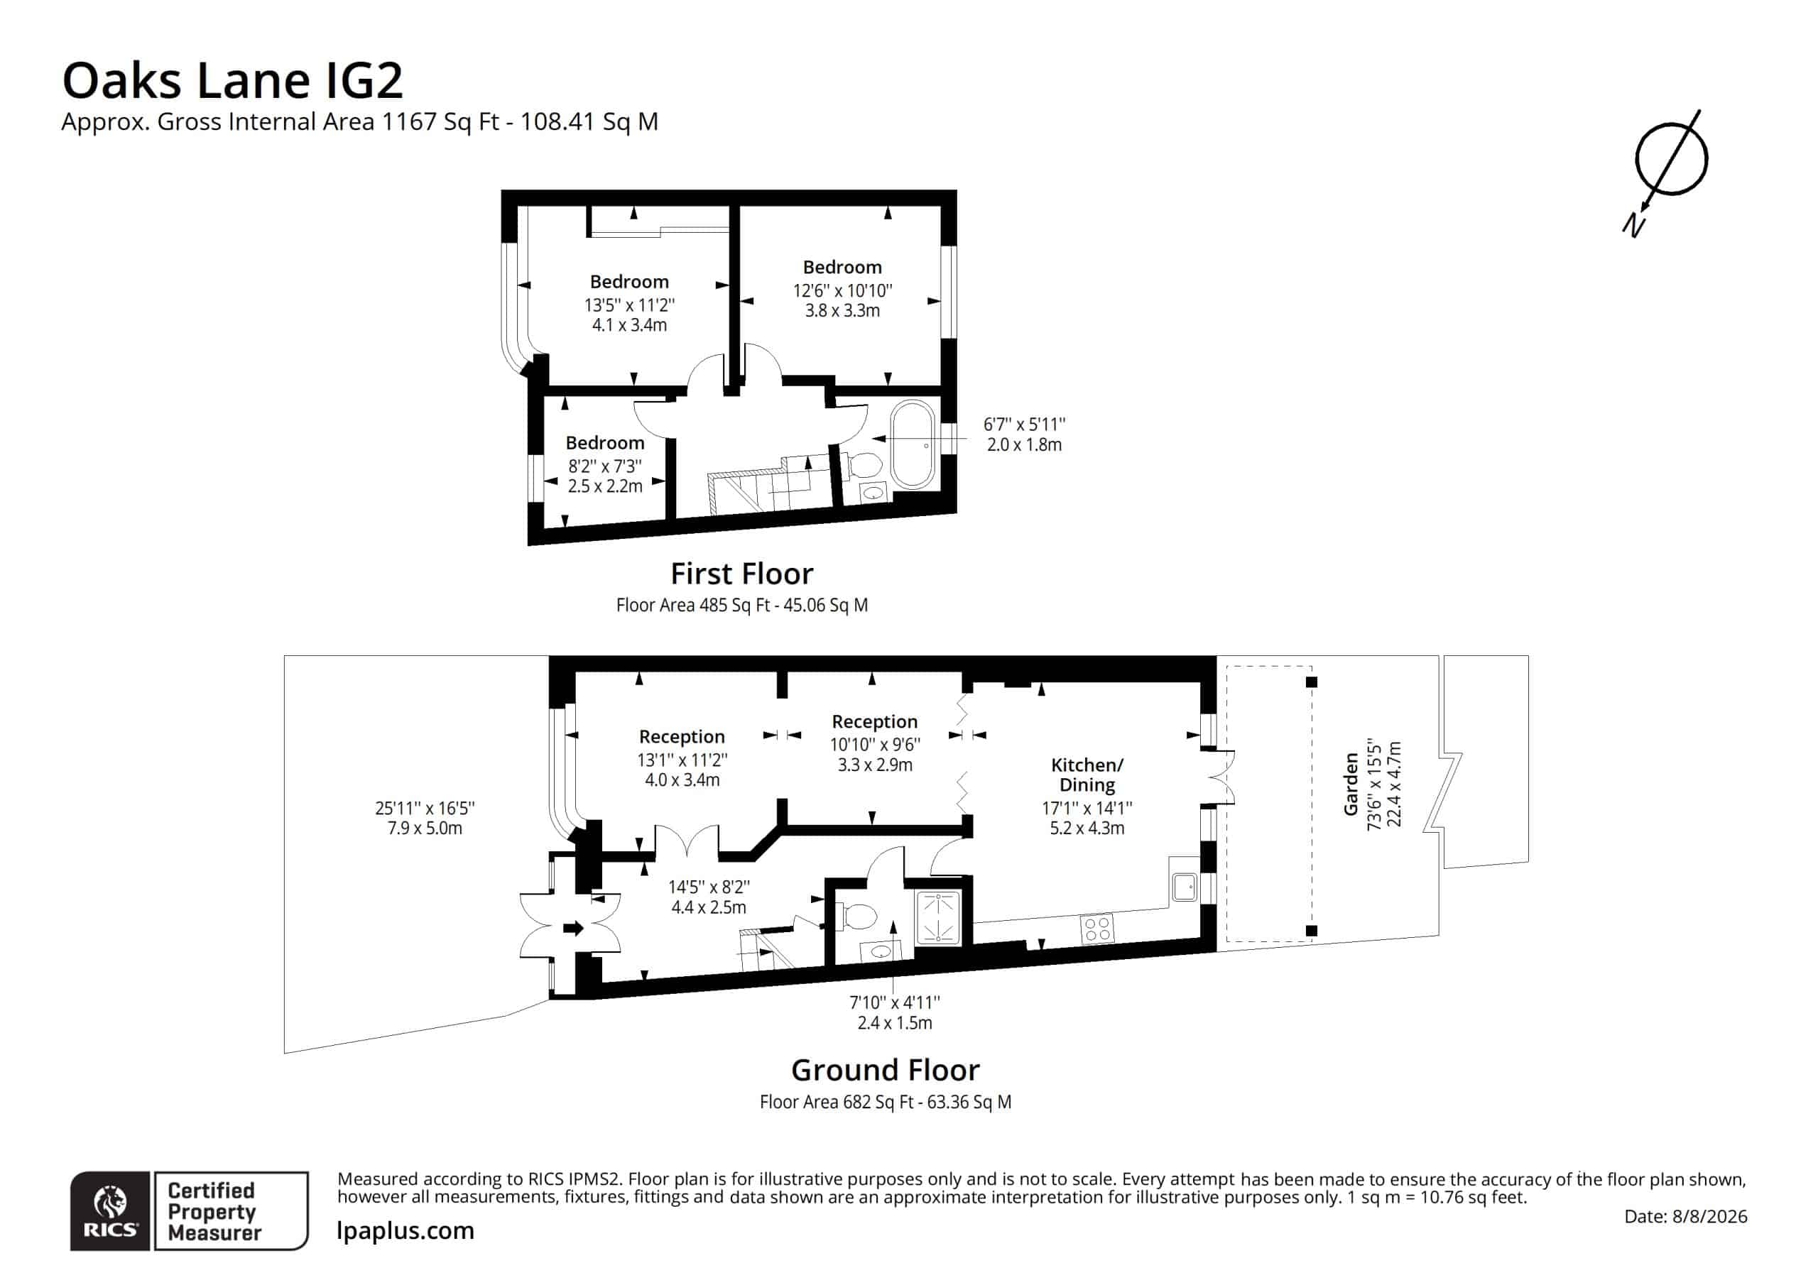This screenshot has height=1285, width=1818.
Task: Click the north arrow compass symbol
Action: pos(1671,158)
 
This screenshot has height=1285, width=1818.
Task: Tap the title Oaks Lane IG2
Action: pos(233,80)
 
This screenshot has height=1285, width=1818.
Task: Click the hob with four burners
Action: pos(1097,928)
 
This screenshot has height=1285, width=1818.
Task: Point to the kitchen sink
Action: pos(1185,887)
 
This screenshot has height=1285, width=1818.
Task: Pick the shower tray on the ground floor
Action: pos(938,918)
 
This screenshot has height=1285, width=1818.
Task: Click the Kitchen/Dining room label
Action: pos(1087,775)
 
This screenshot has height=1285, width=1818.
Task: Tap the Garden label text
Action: pos(1351,784)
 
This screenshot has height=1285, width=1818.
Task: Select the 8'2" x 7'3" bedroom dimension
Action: pos(605,466)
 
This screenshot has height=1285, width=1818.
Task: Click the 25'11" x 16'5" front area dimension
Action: pos(425,809)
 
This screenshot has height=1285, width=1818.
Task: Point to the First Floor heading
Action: pos(742,573)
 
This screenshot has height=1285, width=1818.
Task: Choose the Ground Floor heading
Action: pos(886,1071)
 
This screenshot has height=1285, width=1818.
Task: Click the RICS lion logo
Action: pos(110,1211)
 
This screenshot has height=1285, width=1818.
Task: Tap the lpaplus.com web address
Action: pos(405,1230)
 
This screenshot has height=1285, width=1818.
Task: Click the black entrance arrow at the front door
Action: pos(573,928)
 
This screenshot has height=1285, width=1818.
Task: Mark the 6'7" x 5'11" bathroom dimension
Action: pos(1025,425)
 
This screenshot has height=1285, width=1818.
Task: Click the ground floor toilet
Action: pos(856,917)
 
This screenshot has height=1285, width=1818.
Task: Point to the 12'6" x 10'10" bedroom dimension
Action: pos(842,290)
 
